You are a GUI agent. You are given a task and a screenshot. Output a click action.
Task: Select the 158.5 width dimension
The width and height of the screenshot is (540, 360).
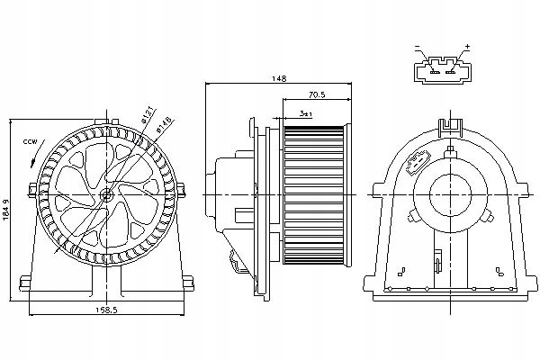[107, 310]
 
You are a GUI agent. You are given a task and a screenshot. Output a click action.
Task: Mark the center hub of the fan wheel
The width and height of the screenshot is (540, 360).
[107, 193]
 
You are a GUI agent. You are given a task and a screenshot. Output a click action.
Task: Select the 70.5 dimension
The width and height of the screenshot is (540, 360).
[316, 94]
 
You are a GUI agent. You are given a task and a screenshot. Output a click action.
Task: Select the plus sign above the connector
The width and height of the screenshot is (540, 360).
[468, 47]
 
